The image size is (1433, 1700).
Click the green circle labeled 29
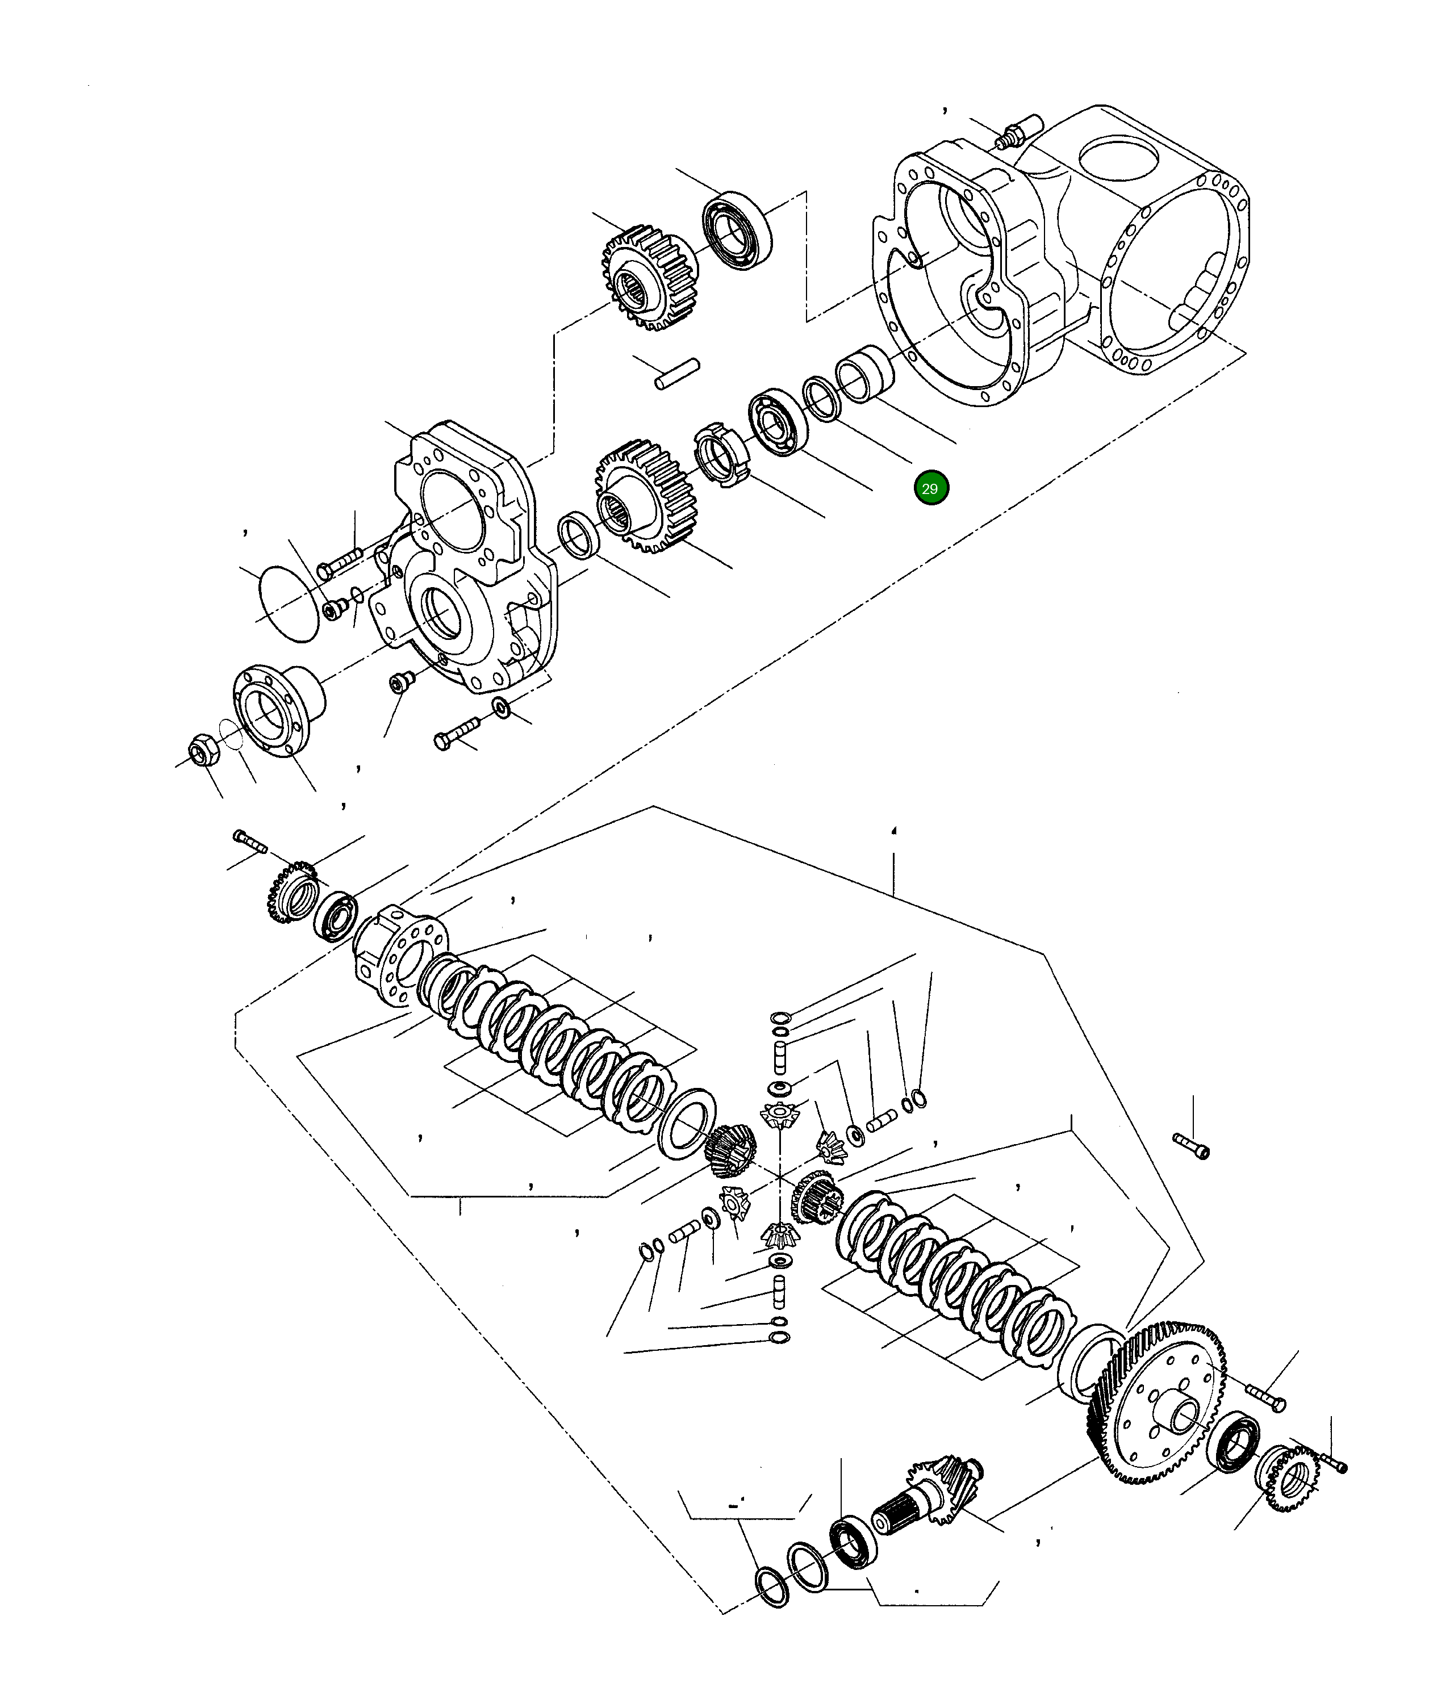tap(930, 488)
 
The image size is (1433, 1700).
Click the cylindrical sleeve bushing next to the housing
tap(865, 374)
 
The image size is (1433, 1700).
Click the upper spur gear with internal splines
tap(648, 281)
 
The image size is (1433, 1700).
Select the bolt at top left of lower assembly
tap(250, 841)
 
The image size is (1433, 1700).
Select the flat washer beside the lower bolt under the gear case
tap(503, 707)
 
